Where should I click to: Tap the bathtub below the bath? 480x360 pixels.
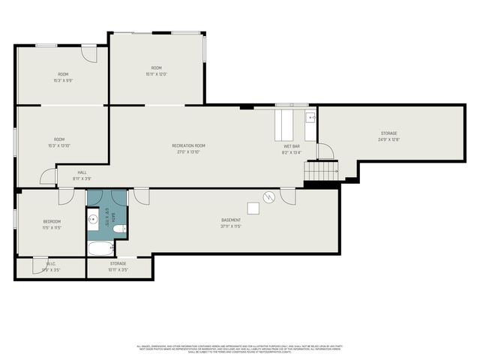(x=100, y=248)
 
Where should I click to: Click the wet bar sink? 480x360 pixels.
(x=310, y=117)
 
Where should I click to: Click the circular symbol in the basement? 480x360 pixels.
(x=268, y=197)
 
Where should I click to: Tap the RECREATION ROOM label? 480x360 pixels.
(x=188, y=145)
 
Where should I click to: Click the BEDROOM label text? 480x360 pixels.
(x=52, y=221)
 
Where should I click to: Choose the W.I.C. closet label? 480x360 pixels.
(x=51, y=263)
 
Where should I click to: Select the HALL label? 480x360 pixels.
(x=82, y=172)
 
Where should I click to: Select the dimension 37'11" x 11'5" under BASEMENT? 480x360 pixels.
(x=231, y=226)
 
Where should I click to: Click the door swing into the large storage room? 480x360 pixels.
(x=325, y=151)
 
